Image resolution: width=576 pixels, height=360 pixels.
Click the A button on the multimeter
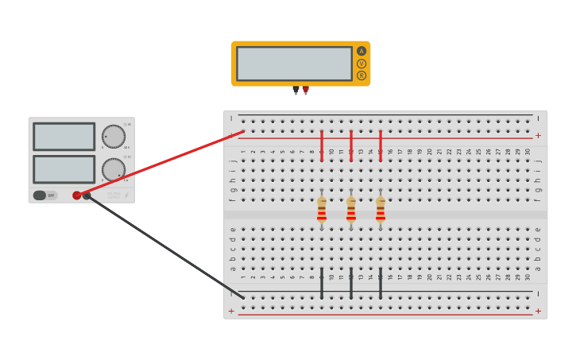[361, 51]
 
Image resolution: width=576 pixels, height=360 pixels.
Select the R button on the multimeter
[361, 75]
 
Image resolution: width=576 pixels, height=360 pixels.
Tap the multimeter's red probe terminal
[306, 90]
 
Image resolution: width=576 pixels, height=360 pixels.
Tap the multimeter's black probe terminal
[296, 90]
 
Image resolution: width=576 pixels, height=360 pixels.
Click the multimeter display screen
[294, 64]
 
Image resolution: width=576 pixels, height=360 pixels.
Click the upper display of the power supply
[64, 137]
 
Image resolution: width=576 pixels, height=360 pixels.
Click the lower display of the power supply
[64, 168]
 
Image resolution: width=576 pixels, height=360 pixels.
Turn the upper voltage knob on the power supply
[114, 137]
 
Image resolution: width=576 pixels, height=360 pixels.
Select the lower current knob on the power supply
[114, 169]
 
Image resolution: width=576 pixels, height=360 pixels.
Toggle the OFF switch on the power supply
[44, 195]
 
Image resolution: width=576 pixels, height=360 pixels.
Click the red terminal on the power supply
[77, 195]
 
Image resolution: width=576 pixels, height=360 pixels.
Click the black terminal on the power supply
[87, 195]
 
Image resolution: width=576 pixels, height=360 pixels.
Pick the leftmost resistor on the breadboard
[322, 210]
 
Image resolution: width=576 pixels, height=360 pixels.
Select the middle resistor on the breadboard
[351, 210]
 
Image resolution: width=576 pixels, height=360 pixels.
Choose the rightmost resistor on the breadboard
[381, 210]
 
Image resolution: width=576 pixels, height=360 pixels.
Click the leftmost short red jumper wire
[322, 145]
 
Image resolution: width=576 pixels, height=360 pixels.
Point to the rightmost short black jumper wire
[381, 284]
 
